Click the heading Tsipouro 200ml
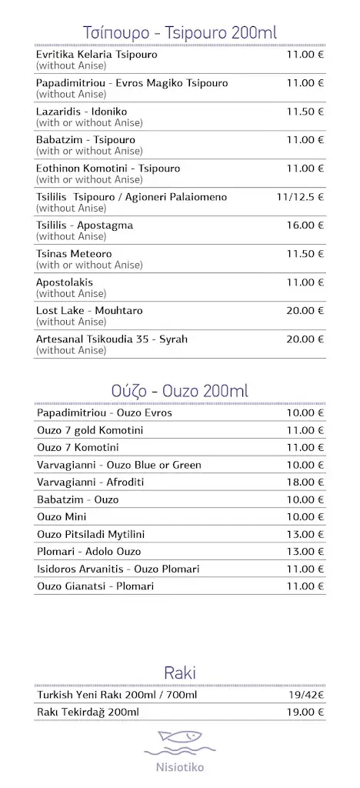tap(180, 32)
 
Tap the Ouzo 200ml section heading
tap(180, 391)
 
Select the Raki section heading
tap(180, 673)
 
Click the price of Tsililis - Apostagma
tap(305, 225)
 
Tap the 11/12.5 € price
tap(300, 197)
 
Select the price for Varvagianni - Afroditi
tap(305, 482)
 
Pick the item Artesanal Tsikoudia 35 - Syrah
tap(112, 339)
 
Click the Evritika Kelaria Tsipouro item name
tap(96, 55)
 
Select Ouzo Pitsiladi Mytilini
tap(91, 534)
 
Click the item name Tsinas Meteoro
tap(74, 254)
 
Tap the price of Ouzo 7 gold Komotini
tap(305, 430)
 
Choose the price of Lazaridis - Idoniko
tap(305, 112)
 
